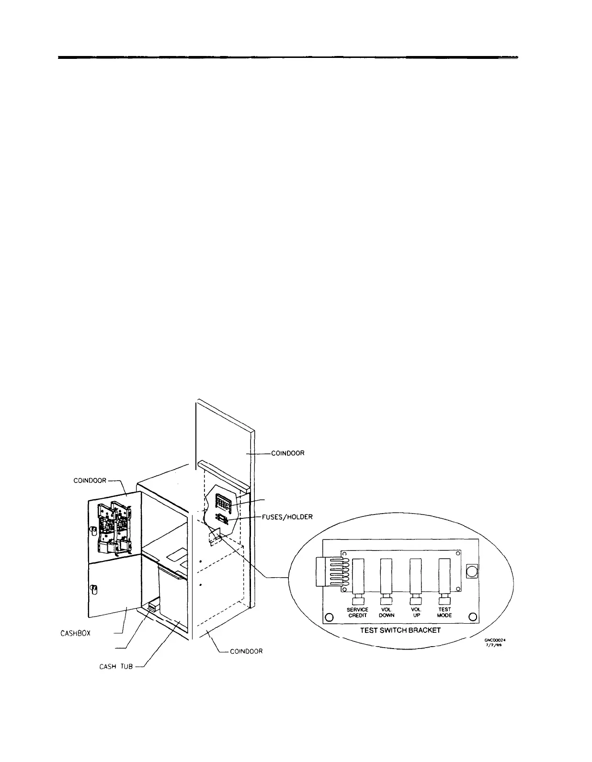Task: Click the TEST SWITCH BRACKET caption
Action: point(400,630)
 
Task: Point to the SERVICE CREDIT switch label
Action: point(357,612)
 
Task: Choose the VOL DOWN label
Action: point(387,612)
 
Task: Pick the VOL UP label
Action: point(416,612)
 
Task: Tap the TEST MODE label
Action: point(444,612)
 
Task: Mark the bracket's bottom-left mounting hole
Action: point(329,617)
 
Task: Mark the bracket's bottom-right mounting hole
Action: point(472,616)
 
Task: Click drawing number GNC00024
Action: point(495,639)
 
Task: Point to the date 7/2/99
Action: point(495,645)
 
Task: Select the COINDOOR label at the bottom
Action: point(246,651)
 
